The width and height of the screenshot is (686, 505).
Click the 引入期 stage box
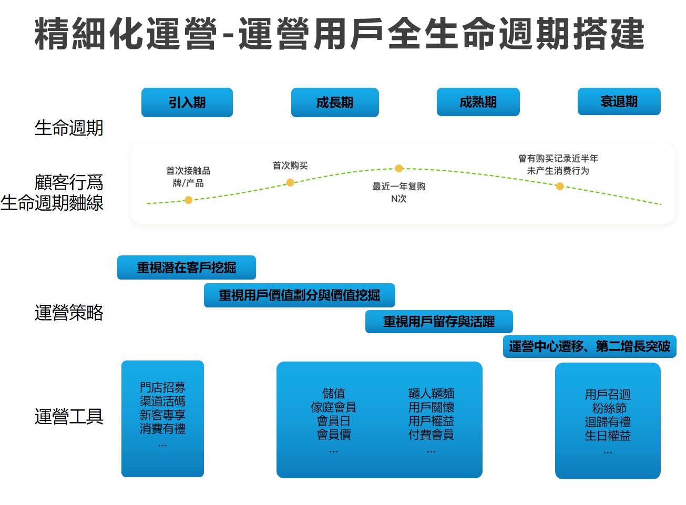[187, 102]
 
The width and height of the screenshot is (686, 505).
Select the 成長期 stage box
[335, 102]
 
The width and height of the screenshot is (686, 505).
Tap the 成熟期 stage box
[478, 102]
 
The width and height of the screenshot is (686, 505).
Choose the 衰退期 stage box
[619, 101]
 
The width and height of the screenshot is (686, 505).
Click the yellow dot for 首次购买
[290, 182]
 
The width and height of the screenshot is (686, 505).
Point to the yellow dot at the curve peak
[399, 168]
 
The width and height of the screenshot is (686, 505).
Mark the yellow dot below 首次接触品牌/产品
[188, 200]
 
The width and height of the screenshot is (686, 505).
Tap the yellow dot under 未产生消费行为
[560, 186]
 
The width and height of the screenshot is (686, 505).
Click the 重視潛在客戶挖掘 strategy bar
[186, 267]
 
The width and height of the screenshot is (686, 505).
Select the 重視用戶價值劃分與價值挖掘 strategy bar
[299, 295]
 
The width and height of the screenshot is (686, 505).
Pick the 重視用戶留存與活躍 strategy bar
[439, 322]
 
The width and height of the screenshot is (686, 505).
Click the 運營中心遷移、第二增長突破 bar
[589, 346]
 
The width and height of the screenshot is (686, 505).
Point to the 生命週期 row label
[69, 128]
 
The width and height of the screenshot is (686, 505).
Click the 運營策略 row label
[69, 313]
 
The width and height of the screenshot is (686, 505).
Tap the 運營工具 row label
[69, 417]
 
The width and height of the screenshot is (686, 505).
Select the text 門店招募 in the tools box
[162, 387]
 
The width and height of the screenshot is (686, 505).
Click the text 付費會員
[431, 435]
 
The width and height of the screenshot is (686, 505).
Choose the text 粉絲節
[609, 408]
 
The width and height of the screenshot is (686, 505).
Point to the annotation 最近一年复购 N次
[399, 192]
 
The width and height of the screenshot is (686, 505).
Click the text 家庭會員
[333, 407]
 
